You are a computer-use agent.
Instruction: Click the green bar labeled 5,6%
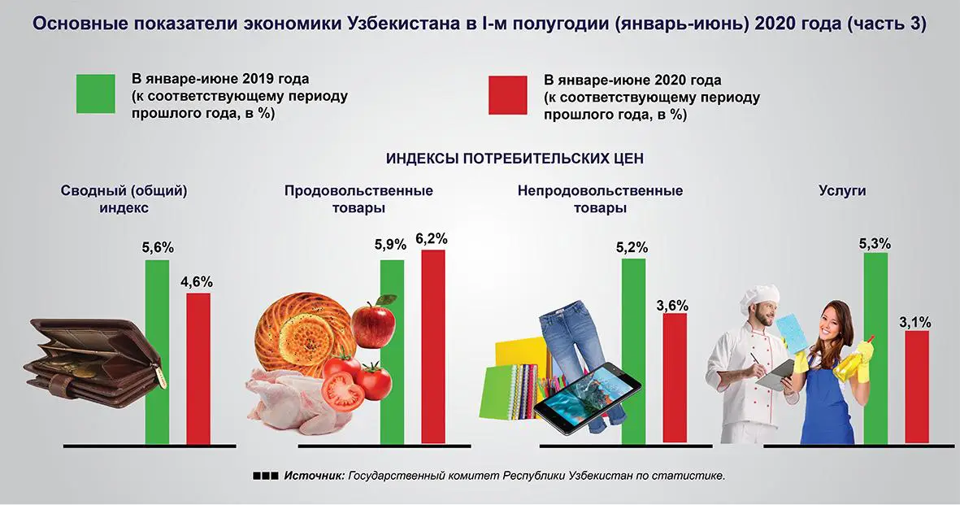click(157, 351)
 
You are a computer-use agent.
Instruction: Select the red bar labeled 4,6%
click(198, 368)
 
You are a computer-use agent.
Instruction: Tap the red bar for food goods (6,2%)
click(432, 346)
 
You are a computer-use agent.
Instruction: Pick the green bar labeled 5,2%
click(633, 351)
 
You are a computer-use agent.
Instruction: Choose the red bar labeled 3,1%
click(917, 387)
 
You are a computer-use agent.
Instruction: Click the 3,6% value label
click(672, 306)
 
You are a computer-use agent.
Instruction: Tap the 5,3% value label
click(875, 243)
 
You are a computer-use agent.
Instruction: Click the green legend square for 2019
click(96, 94)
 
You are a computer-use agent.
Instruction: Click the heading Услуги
click(842, 191)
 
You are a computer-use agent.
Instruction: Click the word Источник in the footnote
click(315, 475)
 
